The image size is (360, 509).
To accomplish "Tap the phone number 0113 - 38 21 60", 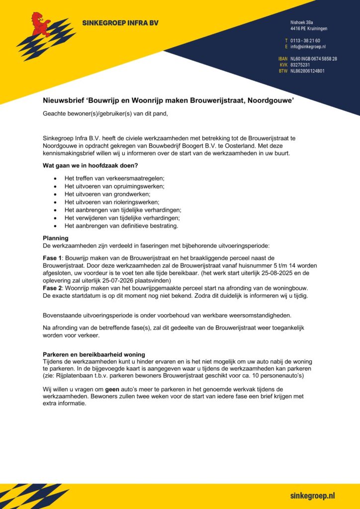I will [305, 40].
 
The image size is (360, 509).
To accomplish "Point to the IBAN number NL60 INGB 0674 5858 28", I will [314, 59].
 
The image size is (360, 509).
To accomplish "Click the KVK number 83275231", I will [300, 65].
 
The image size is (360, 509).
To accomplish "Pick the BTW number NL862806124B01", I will [307, 71].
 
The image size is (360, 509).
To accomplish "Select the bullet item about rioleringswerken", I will [111, 202].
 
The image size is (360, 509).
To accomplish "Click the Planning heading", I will [56, 238].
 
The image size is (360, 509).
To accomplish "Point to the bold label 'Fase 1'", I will [52, 257].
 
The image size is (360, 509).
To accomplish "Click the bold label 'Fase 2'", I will [52, 288].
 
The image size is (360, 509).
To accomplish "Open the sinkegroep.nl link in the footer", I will [312, 496].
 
